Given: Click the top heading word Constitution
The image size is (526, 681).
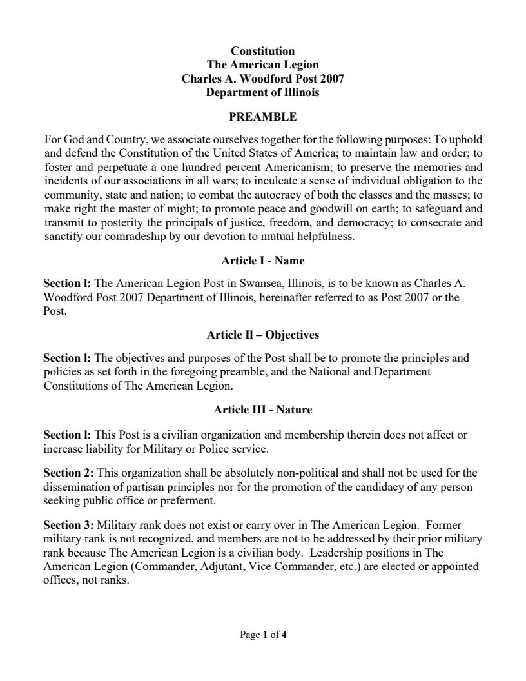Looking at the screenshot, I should [x=262, y=51].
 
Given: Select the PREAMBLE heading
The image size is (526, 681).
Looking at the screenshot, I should [x=262, y=117].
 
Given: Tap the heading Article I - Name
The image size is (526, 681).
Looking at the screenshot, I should [x=262, y=261].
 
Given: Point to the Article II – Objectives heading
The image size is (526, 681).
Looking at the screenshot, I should [x=262, y=335].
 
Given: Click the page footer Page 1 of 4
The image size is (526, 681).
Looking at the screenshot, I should [x=262, y=635].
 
